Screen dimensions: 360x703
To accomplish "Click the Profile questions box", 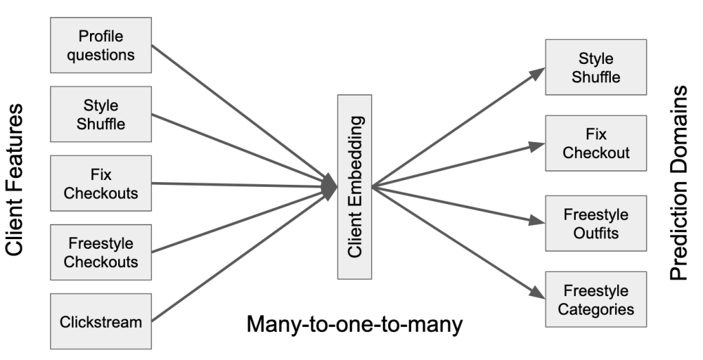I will pos(101,45).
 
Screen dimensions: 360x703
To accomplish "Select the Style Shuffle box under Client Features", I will pos(101,114).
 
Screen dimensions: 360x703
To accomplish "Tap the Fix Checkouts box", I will pos(101,183).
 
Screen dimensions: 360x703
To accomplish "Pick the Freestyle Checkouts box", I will pos(101,252).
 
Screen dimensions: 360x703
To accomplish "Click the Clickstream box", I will pos(101,321).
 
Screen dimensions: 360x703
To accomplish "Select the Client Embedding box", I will pos(355,187).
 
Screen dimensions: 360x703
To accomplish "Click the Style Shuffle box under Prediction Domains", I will pos(596,67).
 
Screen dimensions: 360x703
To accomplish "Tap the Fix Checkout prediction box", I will pos(596,143).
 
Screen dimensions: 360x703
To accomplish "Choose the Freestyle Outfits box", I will pos(596,223).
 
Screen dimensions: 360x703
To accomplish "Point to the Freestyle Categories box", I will pos(596,300).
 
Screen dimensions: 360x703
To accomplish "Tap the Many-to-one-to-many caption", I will pos(355,323).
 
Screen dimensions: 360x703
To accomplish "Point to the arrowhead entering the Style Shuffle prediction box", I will pos(537,72).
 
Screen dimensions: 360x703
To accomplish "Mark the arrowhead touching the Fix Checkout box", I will pos(537,145).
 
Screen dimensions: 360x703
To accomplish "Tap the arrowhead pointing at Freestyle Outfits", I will pos(537,221).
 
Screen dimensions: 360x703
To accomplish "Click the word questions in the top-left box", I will pos(101,55).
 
